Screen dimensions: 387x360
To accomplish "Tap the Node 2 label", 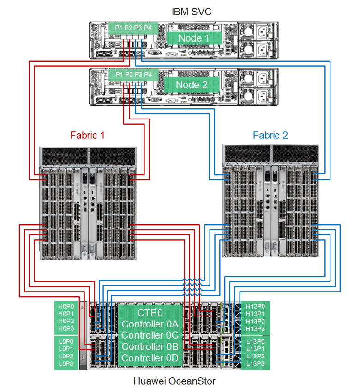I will click(x=192, y=84).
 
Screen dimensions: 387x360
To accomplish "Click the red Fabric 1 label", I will click(x=87, y=136).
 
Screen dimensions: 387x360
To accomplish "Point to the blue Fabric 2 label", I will click(x=270, y=136).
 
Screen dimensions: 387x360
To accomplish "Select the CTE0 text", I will click(x=150, y=313).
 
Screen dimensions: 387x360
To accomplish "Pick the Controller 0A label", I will click(x=150, y=324).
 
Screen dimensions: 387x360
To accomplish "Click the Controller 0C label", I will click(x=150, y=335).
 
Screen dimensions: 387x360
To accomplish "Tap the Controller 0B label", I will click(x=150, y=347).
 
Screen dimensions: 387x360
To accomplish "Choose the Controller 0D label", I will click(x=150, y=358).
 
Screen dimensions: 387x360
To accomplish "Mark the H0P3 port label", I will click(x=66, y=328).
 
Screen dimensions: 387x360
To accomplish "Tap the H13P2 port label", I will click(x=255, y=321).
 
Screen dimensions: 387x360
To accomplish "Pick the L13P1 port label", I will click(x=255, y=349).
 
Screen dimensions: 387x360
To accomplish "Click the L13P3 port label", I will click(x=255, y=364).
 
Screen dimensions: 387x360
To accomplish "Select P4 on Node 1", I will click(x=148, y=28).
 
